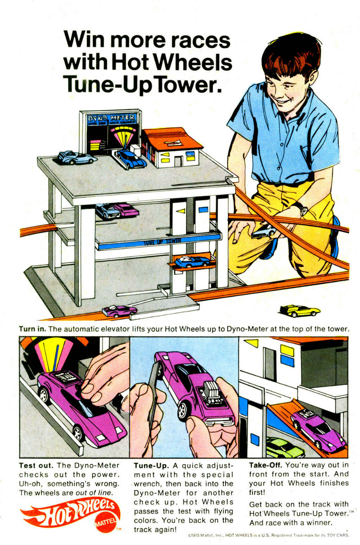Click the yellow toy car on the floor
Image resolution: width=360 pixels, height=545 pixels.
click(299, 311)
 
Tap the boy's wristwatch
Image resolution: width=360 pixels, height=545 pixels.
click(302, 208)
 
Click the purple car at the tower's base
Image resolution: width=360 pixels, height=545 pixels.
click(120, 311)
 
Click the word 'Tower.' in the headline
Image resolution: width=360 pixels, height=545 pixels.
click(188, 84)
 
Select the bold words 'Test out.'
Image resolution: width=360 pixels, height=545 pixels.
click(36, 465)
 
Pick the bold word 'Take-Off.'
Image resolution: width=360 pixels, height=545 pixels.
click(266, 465)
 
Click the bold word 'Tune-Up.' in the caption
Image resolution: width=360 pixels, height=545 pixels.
click(151, 466)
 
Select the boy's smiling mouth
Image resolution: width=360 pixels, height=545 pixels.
click(283, 100)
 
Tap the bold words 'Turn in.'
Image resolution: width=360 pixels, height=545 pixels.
click(32, 329)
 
